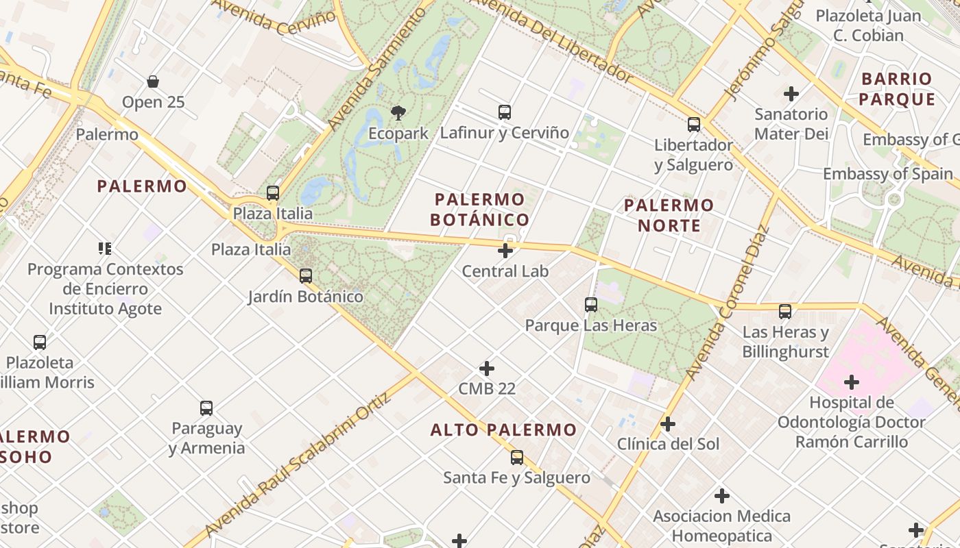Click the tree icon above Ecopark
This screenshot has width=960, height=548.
click(x=398, y=113)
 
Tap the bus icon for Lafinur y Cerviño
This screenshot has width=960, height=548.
click(x=505, y=112)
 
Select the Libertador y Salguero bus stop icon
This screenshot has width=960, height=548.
click(x=694, y=125)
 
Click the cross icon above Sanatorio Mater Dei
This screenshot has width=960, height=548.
click(x=791, y=93)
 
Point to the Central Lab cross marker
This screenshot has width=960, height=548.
click(x=505, y=251)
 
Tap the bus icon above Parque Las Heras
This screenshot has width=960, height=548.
click(x=591, y=305)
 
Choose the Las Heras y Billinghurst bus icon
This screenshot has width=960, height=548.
click(x=785, y=312)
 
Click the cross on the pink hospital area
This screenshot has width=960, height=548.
click(x=852, y=382)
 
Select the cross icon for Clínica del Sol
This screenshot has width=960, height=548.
click(x=668, y=424)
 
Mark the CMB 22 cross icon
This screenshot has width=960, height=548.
click(x=487, y=369)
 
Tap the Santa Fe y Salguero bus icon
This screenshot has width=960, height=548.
click(x=517, y=458)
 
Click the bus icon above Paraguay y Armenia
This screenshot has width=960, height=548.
click(x=206, y=408)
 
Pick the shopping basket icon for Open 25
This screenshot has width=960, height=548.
click(x=154, y=82)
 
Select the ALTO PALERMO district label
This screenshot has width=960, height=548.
click(x=503, y=430)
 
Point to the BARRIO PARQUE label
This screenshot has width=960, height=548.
click(x=897, y=89)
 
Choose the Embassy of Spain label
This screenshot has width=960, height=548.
click(x=887, y=174)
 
